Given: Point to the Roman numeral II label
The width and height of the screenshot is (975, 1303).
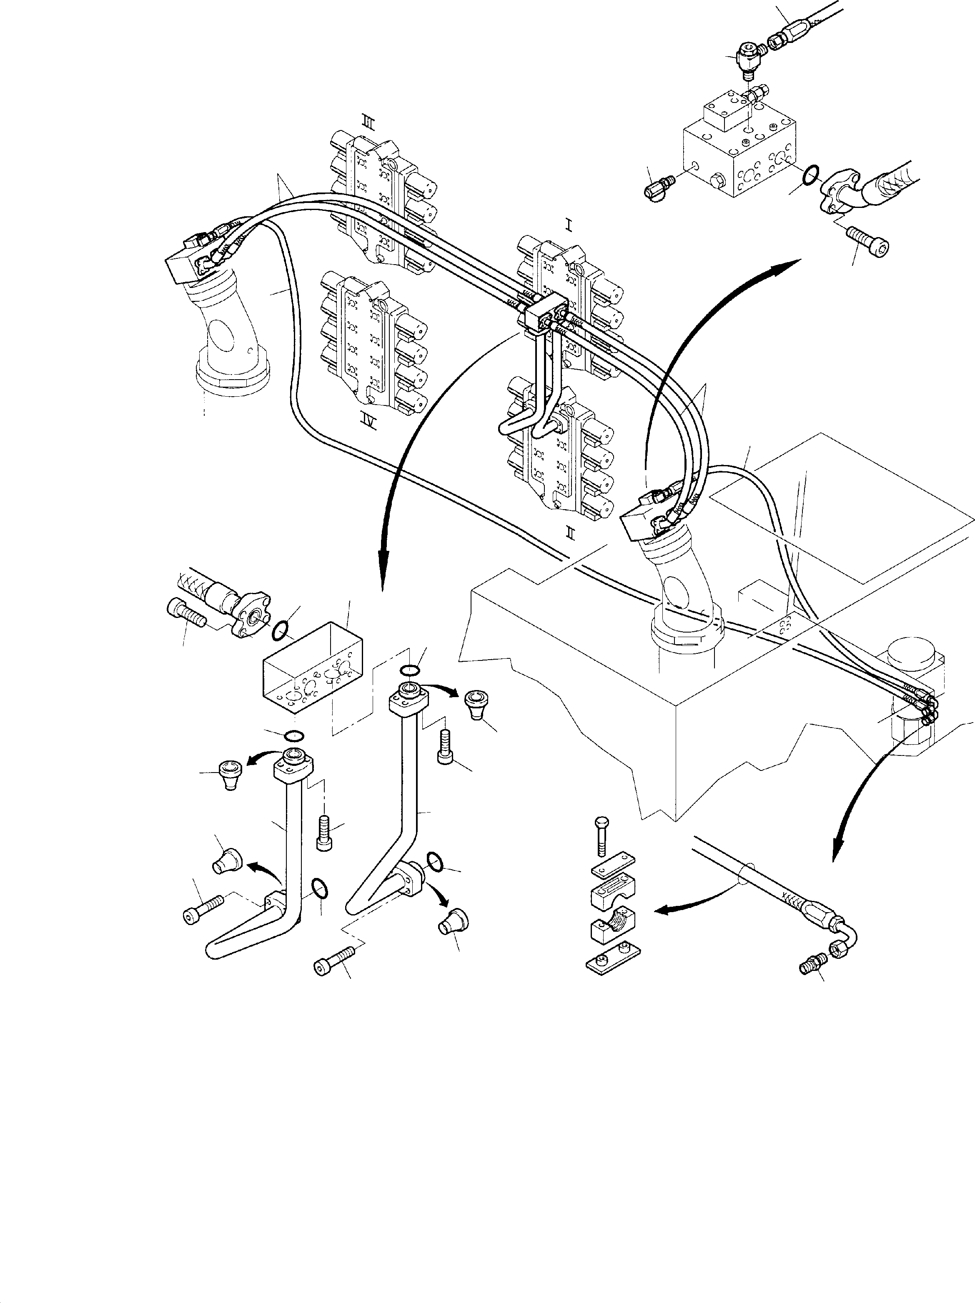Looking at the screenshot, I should pos(570,532).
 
